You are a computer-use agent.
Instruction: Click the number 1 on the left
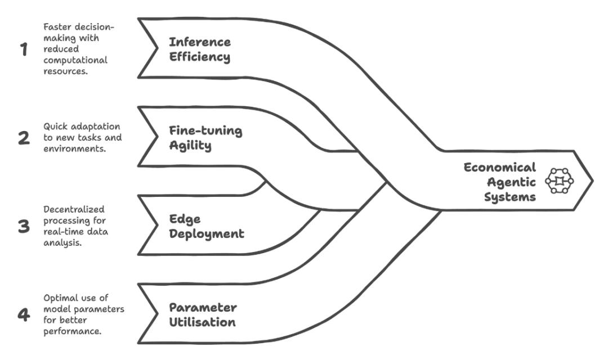[23, 50]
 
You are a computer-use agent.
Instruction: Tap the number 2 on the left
[24, 138]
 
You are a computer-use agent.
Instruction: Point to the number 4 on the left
[24, 314]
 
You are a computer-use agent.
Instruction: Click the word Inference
[200, 42]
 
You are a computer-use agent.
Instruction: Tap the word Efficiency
[200, 57]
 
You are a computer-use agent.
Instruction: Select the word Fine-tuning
[205, 130]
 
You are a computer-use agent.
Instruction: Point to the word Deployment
[207, 233]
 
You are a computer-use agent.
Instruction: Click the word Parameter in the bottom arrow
[203, 307]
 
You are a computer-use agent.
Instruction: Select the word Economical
[500, 167]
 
